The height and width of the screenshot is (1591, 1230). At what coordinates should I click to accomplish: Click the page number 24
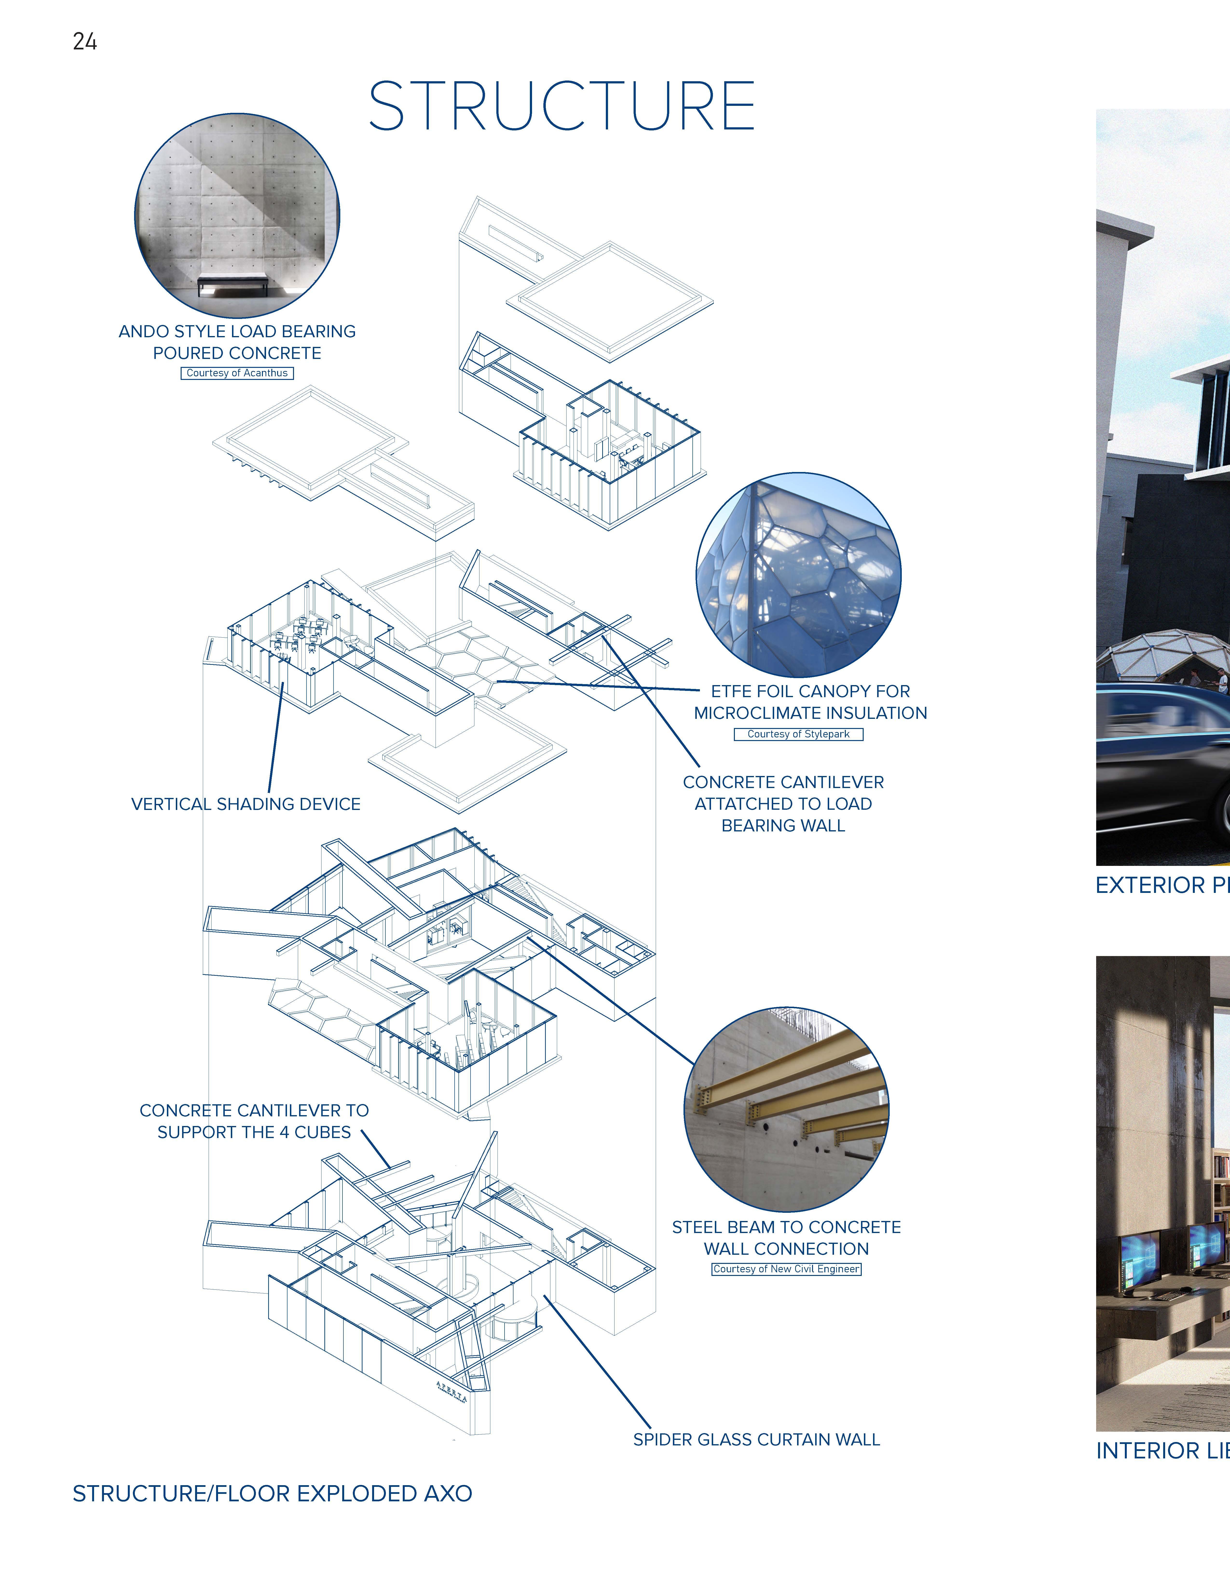tap(84, 41)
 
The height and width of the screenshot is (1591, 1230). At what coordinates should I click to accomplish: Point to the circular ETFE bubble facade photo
tap(799, 575)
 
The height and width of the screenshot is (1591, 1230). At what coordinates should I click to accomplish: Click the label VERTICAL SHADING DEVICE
tap(246, 804)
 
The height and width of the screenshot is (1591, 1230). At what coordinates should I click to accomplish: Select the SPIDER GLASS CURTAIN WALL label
tap(756, 1439)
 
